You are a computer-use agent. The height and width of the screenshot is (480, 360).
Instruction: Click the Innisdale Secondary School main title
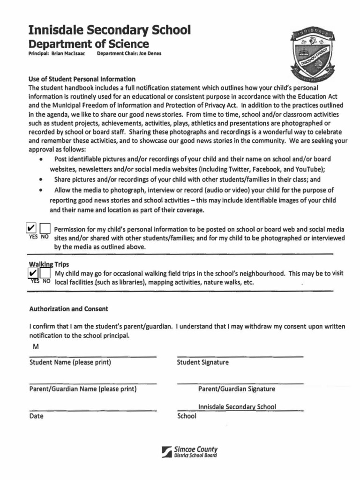click(x=110, y=30)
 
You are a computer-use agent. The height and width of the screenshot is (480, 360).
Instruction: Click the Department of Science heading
click(x=89, y=44)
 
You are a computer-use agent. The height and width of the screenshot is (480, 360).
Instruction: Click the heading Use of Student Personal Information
click(x=82, y=79)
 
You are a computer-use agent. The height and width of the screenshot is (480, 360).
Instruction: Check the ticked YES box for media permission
click(x=31, y=228)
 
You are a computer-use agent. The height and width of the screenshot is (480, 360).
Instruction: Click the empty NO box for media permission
click(x=45, y=228)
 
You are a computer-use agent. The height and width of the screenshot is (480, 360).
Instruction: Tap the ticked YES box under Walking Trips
click(x=33, y=273)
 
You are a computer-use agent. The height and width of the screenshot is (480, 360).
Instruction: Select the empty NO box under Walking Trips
click(x=45, y=273)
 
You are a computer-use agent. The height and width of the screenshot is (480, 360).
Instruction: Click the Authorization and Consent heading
click(x=68, y=309)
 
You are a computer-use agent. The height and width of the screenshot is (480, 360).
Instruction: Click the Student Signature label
click(x=202, y=362)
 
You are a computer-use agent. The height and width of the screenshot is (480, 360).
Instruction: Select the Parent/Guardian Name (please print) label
click(x=83, y=389)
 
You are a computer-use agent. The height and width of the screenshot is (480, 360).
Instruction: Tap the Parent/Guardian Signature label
click(x=237, y=389)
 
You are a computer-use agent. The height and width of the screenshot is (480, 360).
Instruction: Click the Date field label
click(x=36, y=416)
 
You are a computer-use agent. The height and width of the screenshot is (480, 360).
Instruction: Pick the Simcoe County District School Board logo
click(x=189, y=451)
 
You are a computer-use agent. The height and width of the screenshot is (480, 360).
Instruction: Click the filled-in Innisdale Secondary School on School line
click(x=237, y=407)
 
